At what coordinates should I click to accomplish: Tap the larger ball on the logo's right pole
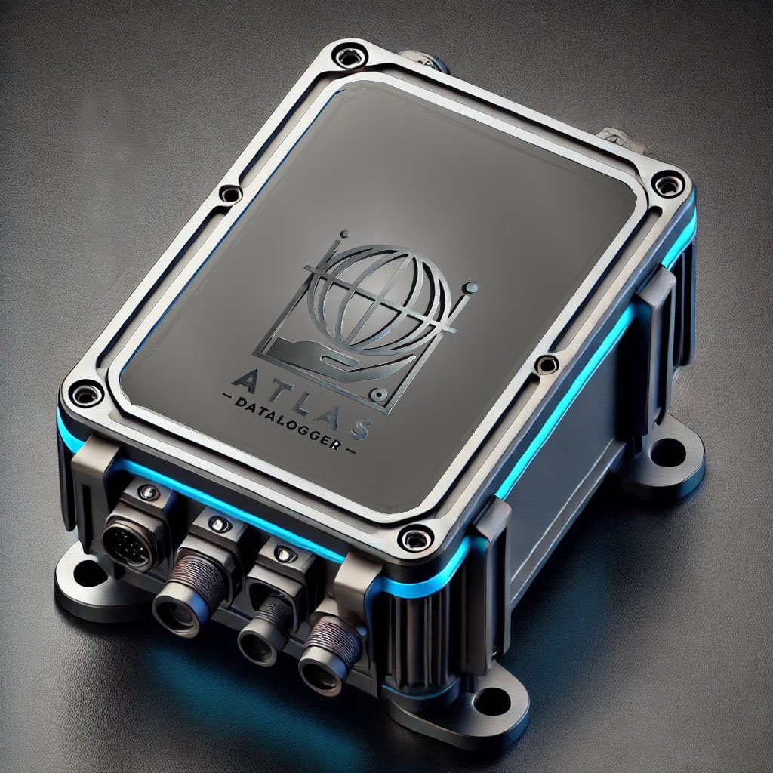[471, 288]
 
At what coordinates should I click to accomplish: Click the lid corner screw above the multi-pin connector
[85, 393]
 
